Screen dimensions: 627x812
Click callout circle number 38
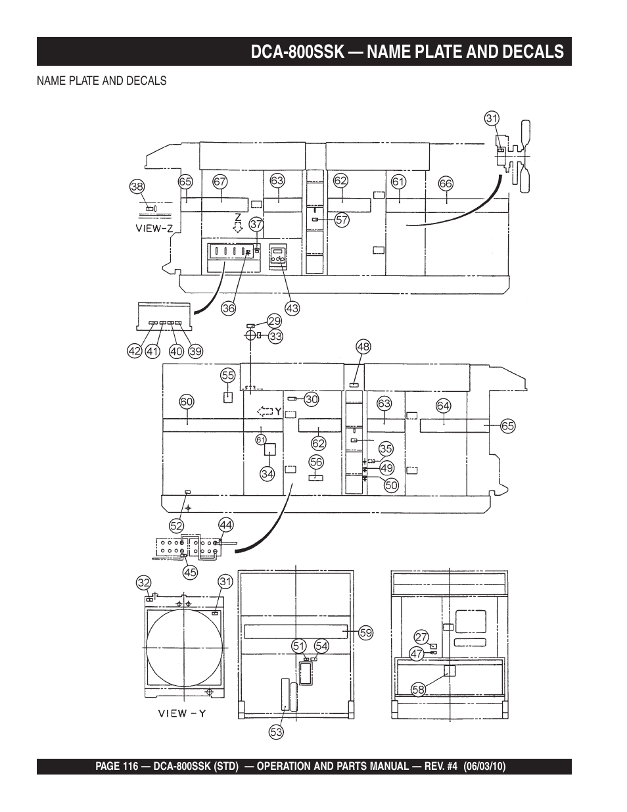(137, 187)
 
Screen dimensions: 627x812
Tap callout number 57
(342, 220)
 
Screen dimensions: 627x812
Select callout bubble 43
(292, 308)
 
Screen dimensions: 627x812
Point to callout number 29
(275, 321)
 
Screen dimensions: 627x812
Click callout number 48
(363, 346)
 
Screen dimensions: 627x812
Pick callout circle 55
(228, 375)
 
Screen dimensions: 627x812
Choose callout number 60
(187, 402)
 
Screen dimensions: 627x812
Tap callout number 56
(316, 462)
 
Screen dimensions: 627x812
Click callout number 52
(177, 526)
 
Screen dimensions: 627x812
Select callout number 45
(190, 572)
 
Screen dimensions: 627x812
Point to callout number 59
(366, 633)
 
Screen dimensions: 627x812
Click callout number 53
(276, 732)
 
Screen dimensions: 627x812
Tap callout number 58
(418, 690)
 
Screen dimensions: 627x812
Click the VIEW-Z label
(154, 229)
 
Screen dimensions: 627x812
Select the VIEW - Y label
(182, 713)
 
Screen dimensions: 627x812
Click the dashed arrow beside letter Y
(265, 412)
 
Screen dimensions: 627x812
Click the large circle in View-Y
(184, 647)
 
